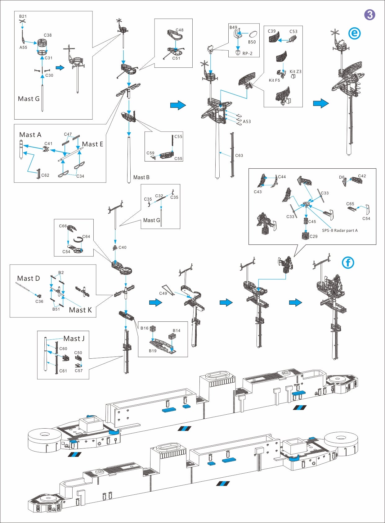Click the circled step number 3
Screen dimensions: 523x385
point(369,15)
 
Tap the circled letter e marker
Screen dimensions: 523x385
point(354,33)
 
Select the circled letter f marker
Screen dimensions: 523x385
point(348,263)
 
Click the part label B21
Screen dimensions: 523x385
point(23,16)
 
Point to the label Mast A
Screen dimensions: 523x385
point(30,135)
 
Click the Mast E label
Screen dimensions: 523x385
point(92,144)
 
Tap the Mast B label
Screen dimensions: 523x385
point(141,177)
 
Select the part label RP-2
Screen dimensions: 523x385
point(247,53)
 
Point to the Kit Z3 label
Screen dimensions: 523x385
point(295,71)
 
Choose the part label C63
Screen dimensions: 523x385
point(239,155)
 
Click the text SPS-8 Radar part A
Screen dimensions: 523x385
point(340,230)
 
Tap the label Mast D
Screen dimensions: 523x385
point(29,279)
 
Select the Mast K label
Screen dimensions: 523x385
point(80,310)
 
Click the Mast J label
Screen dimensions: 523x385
point(74,339)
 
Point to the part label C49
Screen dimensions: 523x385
point(163,293)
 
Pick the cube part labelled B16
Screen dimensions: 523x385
point(152,329)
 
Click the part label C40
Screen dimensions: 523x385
point(122,248)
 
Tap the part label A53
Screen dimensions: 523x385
point(247,121)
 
